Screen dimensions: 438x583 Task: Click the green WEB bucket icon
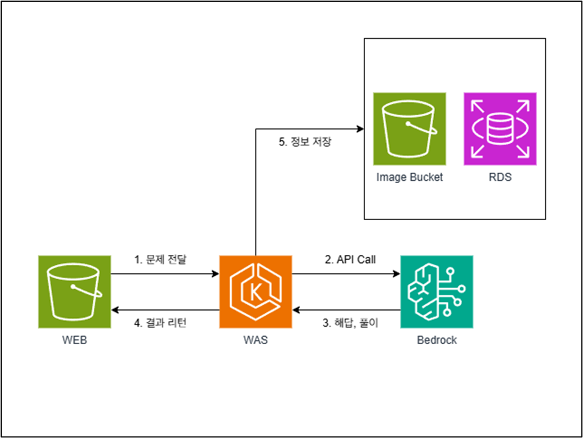[x=74, y=291]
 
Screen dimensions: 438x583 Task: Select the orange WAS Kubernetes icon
[x=256, y=291]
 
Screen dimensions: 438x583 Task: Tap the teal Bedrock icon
[x=436, y=291]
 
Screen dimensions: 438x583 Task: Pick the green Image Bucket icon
[x=410, y=129]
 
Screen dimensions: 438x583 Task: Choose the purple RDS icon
[x=500, y=129]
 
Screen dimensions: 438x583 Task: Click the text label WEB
[x=74, y=340]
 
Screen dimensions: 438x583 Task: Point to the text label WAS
[x=256, y=340]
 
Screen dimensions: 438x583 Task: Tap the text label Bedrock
[x=437, y=340]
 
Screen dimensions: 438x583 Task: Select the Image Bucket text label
[x=409, y=177]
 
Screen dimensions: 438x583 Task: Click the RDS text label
[x=500, y=177]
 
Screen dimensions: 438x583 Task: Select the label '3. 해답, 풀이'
[x=350, y=323]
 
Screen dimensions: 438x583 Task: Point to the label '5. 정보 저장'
[x=305, y=141]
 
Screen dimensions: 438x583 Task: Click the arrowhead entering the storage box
[x=360, y=129]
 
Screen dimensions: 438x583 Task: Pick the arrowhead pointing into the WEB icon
[x=115, y=310]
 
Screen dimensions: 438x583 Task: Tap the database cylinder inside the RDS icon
[x=500, y=129]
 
